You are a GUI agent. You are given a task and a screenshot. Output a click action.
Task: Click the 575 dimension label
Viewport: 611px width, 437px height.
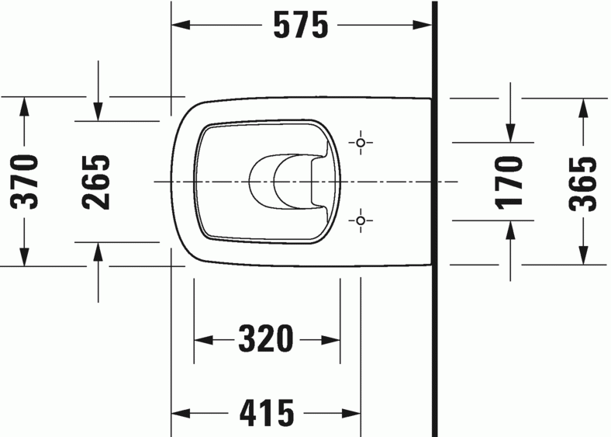click(300, 26)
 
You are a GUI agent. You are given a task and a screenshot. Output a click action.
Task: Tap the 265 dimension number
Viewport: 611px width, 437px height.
click(97, 182)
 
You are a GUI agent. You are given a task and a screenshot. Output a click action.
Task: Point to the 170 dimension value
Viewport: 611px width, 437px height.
click(510, 182)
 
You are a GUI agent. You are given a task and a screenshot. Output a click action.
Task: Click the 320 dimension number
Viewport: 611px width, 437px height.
click(266, 339)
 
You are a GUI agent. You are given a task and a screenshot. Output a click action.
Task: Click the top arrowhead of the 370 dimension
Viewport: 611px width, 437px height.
click(25, 106)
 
